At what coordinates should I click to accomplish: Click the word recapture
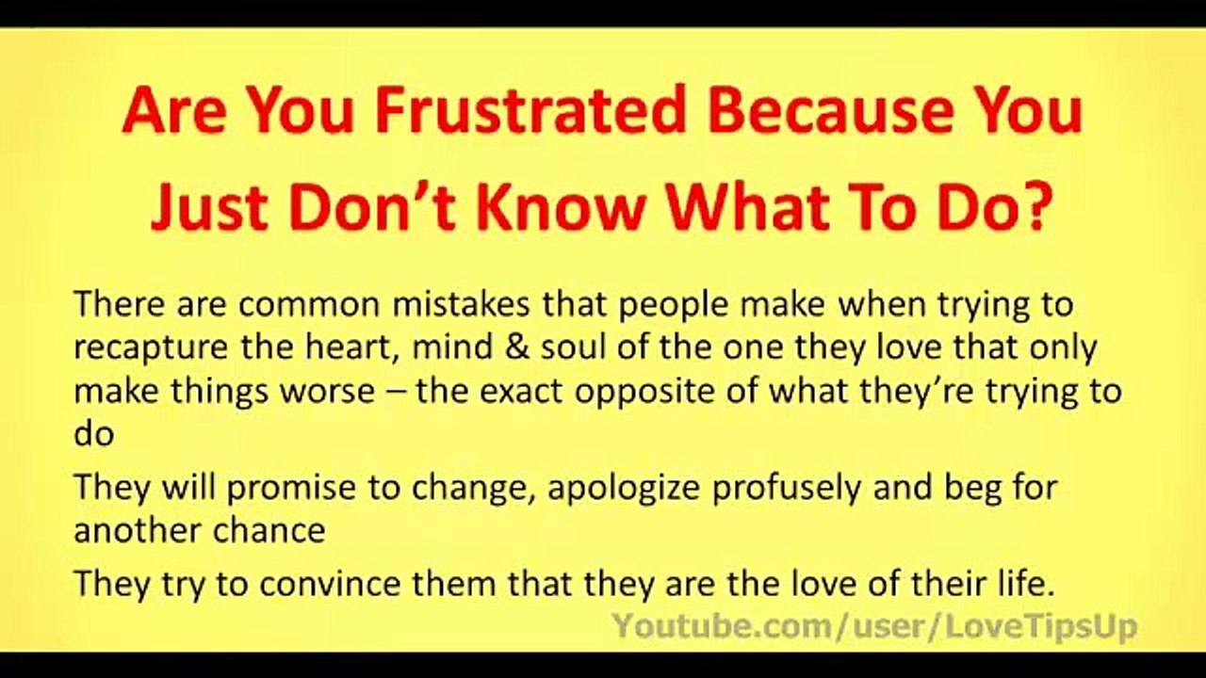tap(150, 348)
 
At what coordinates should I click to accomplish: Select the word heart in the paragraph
tap(331, 348)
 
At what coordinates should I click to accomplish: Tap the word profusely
tap(801, 488)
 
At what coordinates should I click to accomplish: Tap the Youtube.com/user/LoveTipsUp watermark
tap(874, 626)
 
